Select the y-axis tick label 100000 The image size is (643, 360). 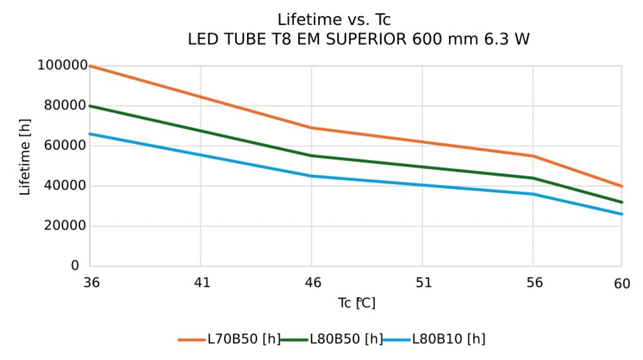pyautogui.click(x=62, y=66)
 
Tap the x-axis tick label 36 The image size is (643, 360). pyautogui.click(x=90, y=282)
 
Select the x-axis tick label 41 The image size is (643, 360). pyautogui.click(x=201, y=282)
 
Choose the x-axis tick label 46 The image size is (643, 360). pyautogui.click(x=312, y=282)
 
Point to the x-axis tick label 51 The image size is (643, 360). pyautogui.click(x=422, y=282)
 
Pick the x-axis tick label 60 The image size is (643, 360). pyautogui.click(x=622, y=282)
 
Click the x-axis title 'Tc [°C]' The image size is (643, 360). pyautogui.click(x=356, y=303)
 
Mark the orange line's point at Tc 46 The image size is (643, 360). pyautogui.click(x=312, y=128)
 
